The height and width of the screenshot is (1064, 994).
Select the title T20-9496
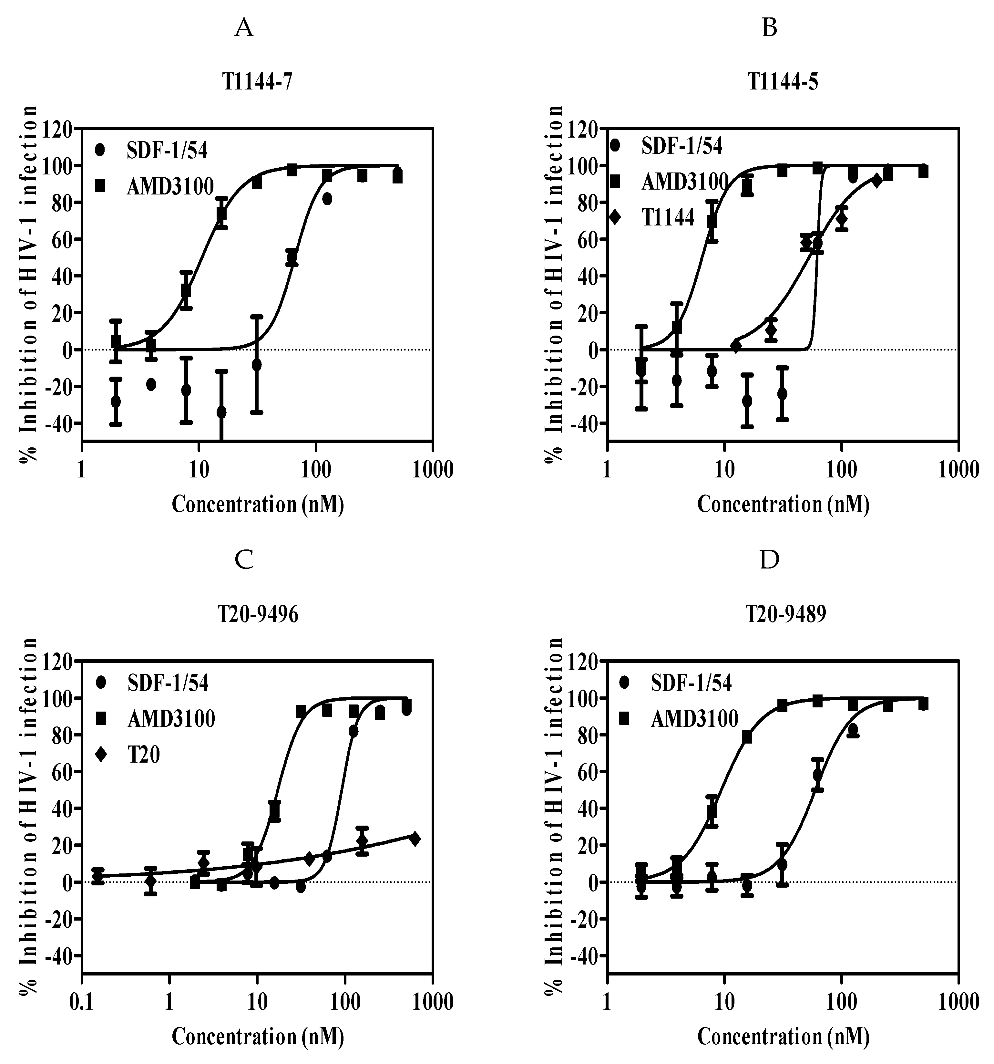258,615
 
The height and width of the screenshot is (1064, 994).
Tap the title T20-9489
786,615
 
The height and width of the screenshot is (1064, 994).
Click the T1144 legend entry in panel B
668,218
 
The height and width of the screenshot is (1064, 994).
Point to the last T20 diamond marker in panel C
415,839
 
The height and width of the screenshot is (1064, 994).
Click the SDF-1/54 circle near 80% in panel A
327,199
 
